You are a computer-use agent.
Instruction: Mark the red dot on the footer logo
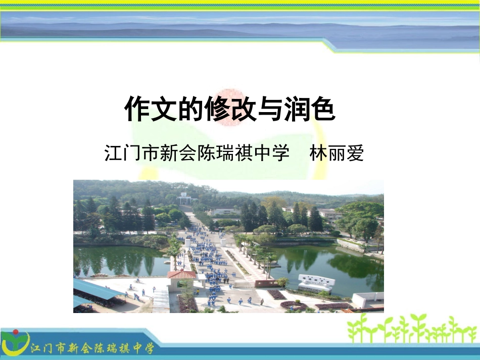pos(15,333)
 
